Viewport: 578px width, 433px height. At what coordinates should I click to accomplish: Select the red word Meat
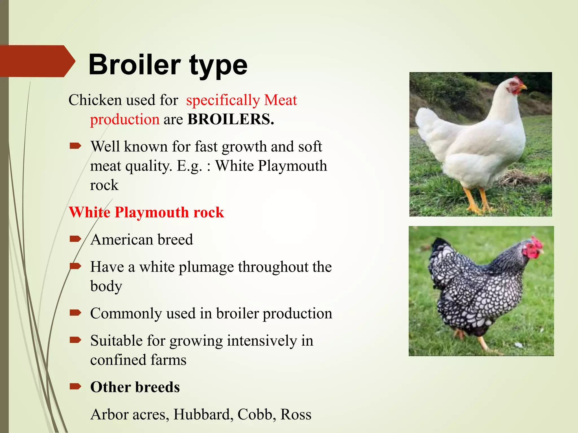pos(280,100)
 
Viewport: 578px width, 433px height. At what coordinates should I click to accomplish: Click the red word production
pos(125,120)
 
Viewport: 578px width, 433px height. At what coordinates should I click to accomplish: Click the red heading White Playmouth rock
pos(146,212)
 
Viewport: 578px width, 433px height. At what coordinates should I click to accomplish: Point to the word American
pos(122,240)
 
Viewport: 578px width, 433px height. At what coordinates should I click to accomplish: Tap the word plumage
pos(206,267)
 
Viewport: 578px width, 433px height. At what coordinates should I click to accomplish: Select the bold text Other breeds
pos(135,387)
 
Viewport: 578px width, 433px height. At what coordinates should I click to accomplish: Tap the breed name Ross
pos(296,414)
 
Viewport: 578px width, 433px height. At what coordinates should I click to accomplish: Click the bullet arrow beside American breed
pos(75,239)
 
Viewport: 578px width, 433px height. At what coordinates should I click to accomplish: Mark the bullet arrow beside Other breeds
pos(75,386)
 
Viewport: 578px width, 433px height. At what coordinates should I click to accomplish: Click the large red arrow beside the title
pos(37,61)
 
